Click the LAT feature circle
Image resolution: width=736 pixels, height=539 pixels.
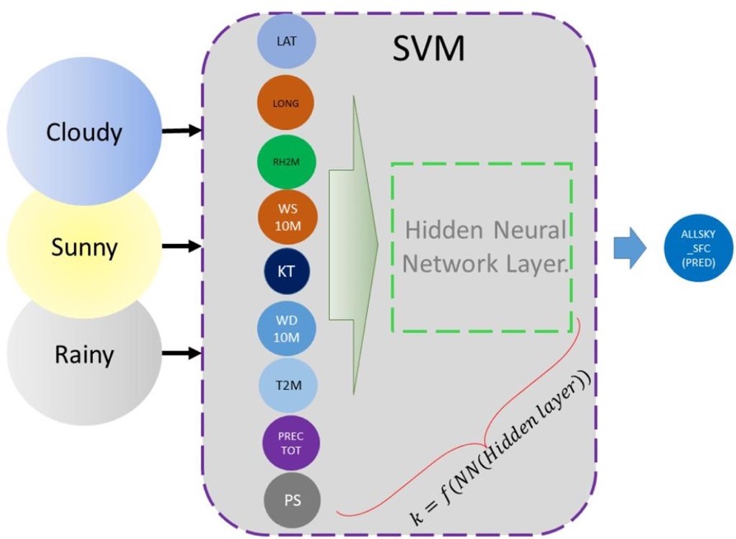click(286, 41)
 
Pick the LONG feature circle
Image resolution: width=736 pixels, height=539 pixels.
click(286, 103)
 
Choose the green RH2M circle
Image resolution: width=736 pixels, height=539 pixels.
click(286, 162)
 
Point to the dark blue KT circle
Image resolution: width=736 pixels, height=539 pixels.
click(286, 271)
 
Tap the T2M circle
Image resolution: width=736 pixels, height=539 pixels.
click(286, 384)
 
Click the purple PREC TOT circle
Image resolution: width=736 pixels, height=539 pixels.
click(291, 443)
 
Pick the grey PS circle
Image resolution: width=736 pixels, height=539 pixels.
click(291, 499)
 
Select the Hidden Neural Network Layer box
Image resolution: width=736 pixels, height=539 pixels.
click(482, 246)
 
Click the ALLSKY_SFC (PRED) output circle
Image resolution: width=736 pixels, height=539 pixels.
click(697, 247)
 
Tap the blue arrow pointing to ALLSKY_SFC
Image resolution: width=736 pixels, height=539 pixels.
click(631, 248)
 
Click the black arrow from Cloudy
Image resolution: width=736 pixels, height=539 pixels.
click(182, 130)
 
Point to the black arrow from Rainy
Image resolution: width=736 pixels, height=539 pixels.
click(182, 354)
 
